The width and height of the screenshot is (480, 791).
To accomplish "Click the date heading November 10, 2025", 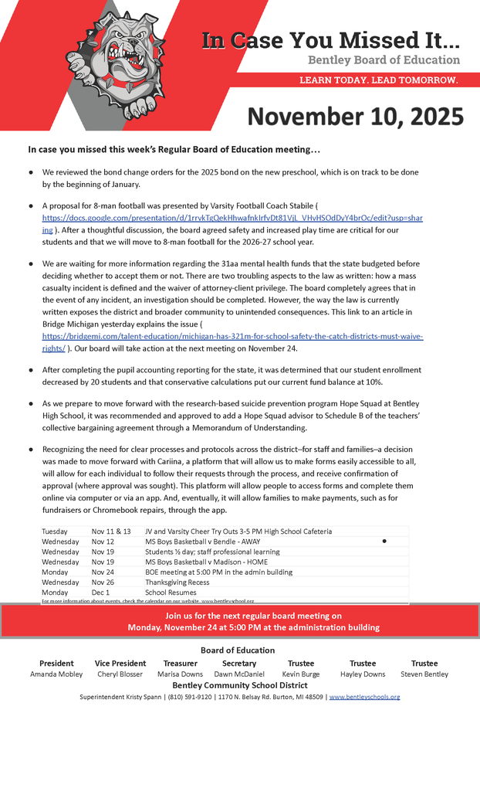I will [355, 116].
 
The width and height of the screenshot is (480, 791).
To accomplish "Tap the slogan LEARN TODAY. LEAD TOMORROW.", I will [378, 80].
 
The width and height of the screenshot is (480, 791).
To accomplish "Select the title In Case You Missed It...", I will [331, 40].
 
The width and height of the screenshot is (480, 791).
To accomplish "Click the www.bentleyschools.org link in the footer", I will [364, 697].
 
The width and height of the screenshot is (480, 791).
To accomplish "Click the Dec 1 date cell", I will [100, 592].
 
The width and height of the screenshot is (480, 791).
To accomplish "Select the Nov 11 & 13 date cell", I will [111, 531].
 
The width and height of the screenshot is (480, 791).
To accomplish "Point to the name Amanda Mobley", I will [56, 674].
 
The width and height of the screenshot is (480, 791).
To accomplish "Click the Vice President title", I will [120, 664].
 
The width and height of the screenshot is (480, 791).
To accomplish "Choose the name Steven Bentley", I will [424, 674].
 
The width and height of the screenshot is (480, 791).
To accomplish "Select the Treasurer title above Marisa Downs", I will [181, 664].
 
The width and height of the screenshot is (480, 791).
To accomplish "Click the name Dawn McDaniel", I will [239, 674].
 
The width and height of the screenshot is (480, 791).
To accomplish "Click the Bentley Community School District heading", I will [240, 685].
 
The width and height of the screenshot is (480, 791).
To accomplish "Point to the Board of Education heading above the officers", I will [238, 650].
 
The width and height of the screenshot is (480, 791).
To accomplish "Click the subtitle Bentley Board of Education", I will [384, 60].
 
